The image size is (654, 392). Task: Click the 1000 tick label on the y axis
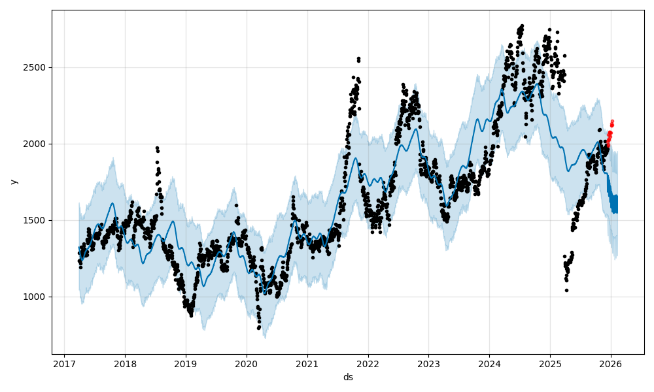[x=35, y=297]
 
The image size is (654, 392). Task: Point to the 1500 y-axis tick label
[x=35, y=220]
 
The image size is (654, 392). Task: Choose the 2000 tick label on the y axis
[x=35, y=144]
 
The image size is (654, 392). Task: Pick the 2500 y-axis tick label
[x=35, y=67]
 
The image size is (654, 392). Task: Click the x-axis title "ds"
[x=348, y=377]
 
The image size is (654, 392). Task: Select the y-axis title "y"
[x=13, y=182]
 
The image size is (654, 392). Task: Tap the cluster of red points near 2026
[x=610, y=134]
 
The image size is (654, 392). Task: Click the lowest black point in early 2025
[x=566, y=290]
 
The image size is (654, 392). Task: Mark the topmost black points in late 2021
[x=358, y=59]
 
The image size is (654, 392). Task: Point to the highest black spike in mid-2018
[x=157, y=148]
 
